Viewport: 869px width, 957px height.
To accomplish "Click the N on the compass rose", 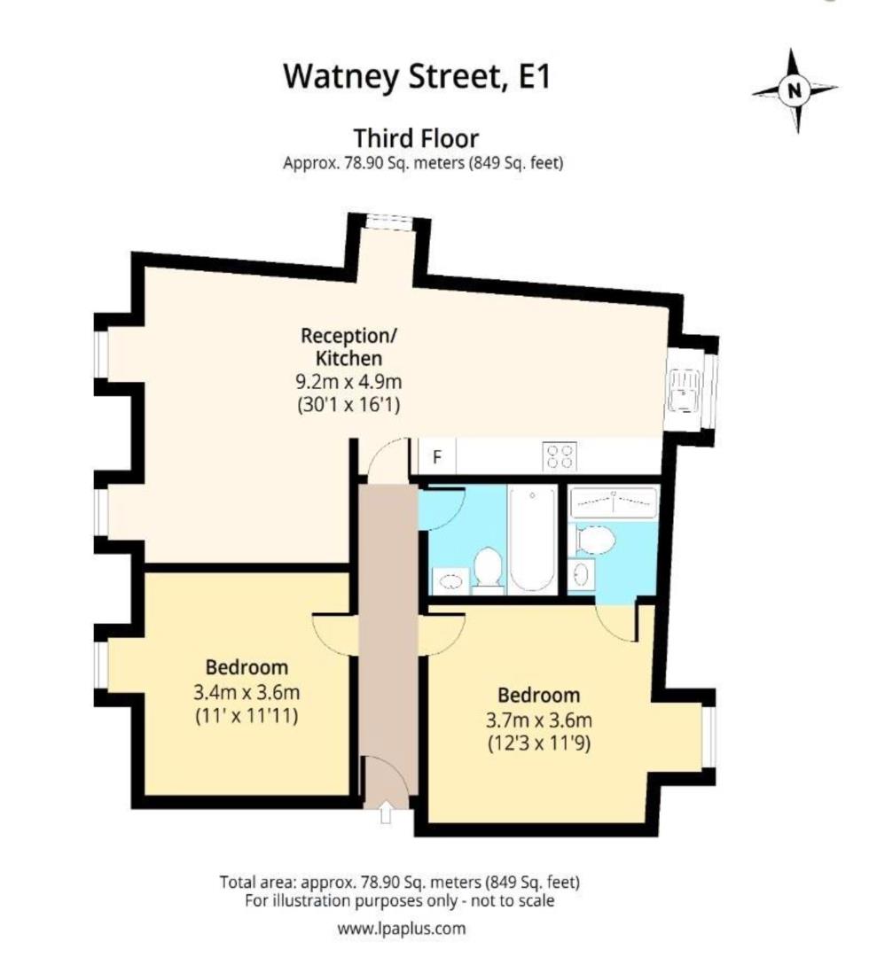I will pos(794,89).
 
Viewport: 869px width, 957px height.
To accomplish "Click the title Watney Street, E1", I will pos(416,76).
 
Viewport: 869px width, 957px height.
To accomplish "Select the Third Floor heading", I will pos(416,139).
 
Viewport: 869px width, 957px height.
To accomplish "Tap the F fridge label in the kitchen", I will pos(436,458).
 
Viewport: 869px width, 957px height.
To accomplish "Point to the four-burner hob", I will pos(560,456).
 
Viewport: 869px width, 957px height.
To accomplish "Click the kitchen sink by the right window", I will pos(685,391).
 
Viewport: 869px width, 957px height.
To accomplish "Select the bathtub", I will pos(532,539).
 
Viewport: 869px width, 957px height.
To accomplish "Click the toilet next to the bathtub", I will pos(487,570).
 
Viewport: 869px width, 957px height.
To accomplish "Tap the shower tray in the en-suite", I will pos(614,502).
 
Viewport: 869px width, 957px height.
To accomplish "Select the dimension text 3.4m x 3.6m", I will pos(246,692).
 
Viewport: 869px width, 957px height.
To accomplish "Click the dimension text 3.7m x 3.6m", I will pos(538,719).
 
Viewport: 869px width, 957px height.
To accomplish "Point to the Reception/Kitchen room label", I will pos(349,347).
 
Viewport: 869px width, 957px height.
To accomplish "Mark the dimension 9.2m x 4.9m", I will pos(349,383).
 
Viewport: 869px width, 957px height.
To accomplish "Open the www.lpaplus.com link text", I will pos(401,929).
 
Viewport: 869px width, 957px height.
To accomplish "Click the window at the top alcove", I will pos(388,222).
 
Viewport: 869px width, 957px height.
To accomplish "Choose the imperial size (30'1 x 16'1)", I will pos(349,407).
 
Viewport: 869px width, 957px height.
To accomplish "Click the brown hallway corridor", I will pos(387,620).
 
